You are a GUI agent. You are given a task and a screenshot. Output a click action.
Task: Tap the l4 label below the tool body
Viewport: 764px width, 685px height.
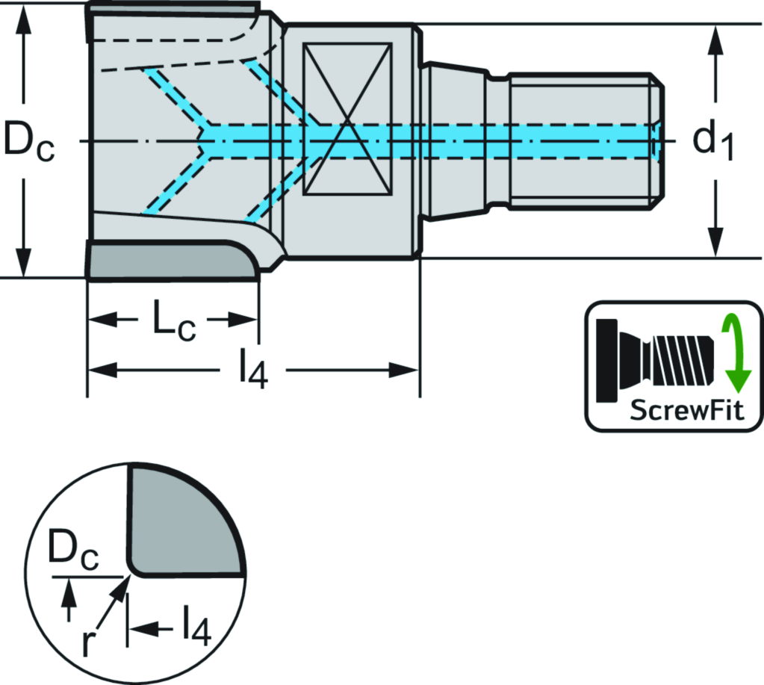(x=253, y=371)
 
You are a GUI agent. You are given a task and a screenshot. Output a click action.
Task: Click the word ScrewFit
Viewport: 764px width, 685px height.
(x=687, y=410)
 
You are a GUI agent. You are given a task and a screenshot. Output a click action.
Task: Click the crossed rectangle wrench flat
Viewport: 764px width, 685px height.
(x=347, y=120)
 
